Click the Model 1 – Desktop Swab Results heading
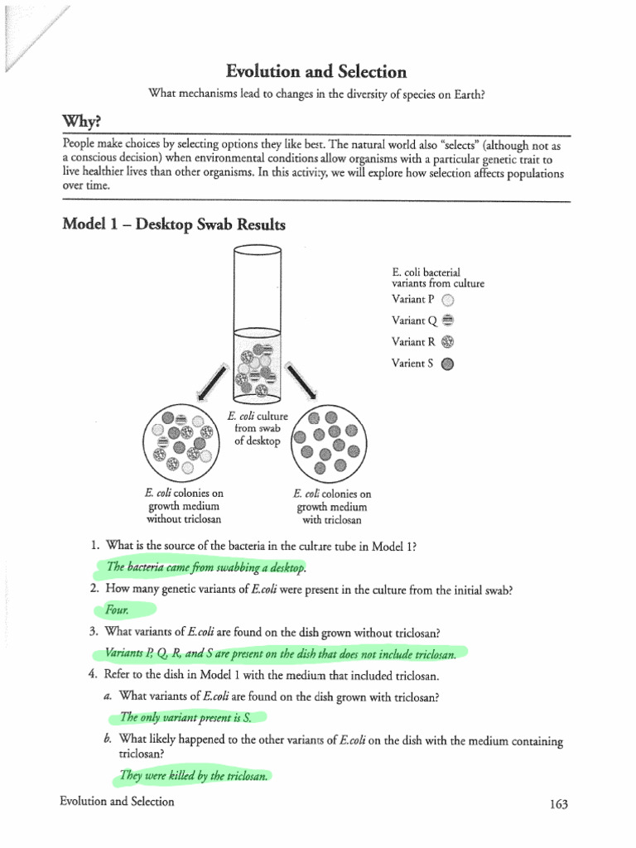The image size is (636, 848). point(174,224)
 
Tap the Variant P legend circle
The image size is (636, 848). point(448,301)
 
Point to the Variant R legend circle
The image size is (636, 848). point(448,342)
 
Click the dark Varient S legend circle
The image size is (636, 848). point(448,363)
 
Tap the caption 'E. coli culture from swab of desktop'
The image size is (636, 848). point(258,428)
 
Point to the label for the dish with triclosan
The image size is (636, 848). point(331,507)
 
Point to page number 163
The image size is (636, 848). point(560,804)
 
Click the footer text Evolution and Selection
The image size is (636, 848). point(117,802)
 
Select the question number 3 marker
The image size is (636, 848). point(94,632)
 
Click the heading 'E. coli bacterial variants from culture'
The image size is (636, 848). point(437,277)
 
